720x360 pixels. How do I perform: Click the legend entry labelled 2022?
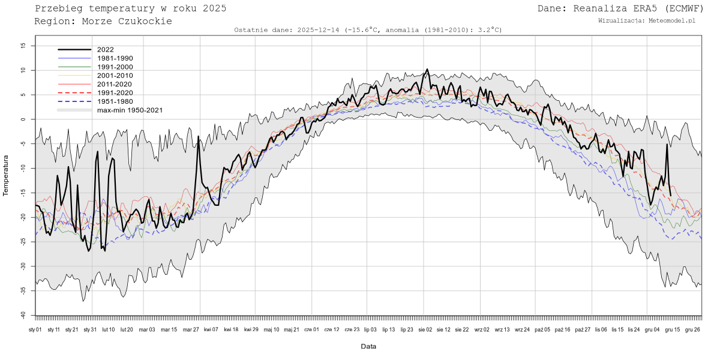(x=105, y=50)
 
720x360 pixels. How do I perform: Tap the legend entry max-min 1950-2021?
(x=130, y=110)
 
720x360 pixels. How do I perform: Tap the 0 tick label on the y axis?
(x=23, y=119)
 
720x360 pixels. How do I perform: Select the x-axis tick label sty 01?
(x=35, y=329)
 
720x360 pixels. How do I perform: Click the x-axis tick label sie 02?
(x=424, y=329)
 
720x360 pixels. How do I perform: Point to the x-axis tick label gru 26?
(x=693, y=329)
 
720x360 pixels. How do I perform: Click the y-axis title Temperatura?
(x=7, y=175)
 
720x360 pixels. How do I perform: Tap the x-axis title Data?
(x=368, y=346)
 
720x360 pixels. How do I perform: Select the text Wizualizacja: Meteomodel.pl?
(x=647, y=20)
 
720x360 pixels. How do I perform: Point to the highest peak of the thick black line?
(x=427, y=70)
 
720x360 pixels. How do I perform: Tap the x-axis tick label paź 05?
(x=542, y=329)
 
